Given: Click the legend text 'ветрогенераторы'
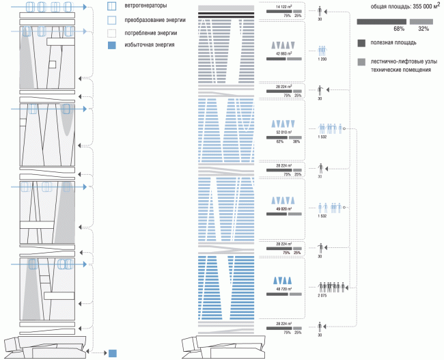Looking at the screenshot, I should [x=146, y=8].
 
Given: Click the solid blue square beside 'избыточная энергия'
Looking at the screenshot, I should [x=111, y=44].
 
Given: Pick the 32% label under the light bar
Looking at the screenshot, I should [x=424, y=29].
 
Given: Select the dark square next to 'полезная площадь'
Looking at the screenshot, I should [x=361, y=44].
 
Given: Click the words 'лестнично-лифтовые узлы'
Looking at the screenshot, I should [x=404, y=61].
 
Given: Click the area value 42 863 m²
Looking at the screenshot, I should [x=283, y=53].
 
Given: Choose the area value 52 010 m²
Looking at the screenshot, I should [x=283, y=131].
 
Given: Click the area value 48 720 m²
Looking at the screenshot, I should [x=283, y=290].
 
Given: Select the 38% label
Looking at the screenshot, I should [x=296, y=141].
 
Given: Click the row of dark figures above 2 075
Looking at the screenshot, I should [x=330, y=287].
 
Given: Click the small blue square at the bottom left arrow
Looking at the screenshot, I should [x=112, y=353].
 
